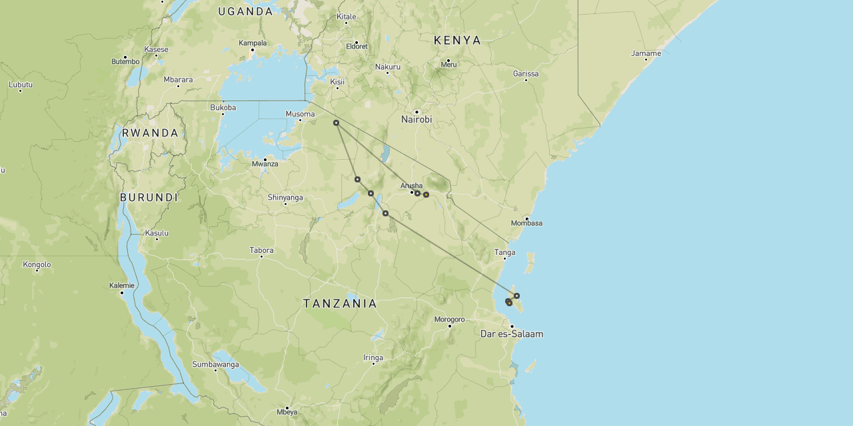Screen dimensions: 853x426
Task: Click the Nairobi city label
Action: click(417, 120)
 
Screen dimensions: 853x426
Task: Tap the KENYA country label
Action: click(457, 41)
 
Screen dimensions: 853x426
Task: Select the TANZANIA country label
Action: click(340, 304)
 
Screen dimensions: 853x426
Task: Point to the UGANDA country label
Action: click(245, 11)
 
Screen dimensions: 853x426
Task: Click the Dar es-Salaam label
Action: click(511, 334)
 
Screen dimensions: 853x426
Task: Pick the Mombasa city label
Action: click(526, 223)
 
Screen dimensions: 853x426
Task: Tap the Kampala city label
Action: click(253, 43)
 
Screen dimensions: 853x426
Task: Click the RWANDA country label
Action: click(150, 132)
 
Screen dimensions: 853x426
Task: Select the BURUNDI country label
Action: click(149, 198)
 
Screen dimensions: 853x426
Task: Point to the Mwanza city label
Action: click(265, 164)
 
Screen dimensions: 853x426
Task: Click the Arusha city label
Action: click(411, 186)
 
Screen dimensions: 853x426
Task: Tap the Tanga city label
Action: click(504, 252)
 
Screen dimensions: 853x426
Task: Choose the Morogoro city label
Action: click(449, 319)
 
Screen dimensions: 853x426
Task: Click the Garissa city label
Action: click(526, 74)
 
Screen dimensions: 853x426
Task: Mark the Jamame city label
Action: click(646, 53)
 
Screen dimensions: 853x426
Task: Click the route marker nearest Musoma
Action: click(336, 122)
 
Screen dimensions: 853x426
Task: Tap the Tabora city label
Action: click(261, 250)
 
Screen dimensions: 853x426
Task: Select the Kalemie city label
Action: click(121, 286)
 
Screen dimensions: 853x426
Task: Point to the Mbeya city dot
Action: click(287, 407)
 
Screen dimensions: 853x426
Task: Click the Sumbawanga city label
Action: click(215, 364)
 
